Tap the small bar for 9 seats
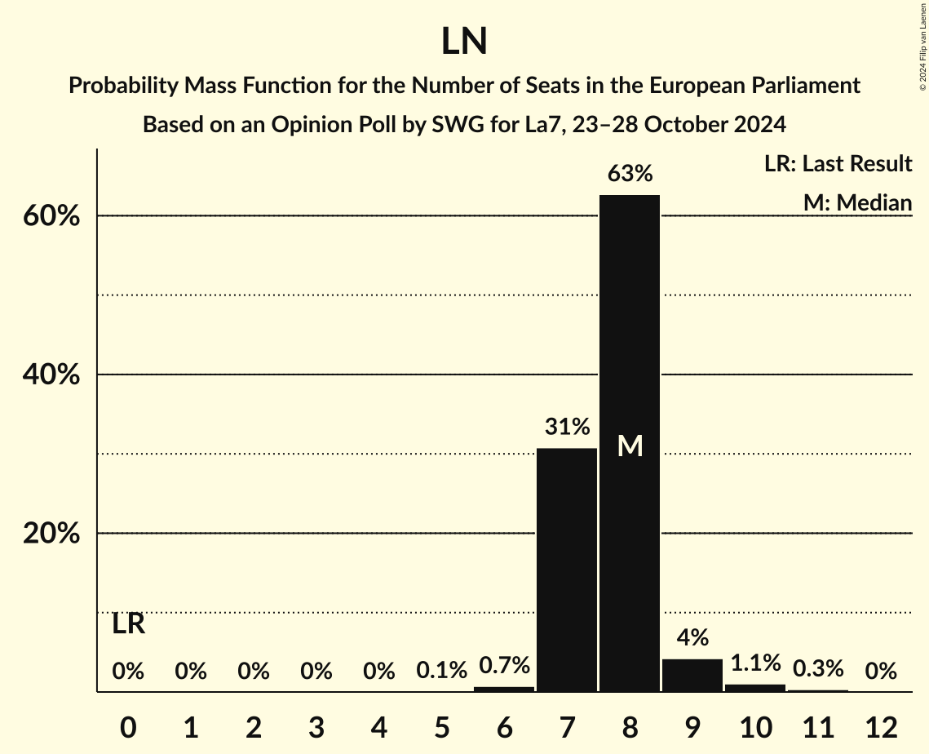(692, 675)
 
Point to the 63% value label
(630, 174)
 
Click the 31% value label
(567, 427)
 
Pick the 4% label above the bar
(692, 637)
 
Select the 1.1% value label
(755, 663)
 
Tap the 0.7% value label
(504, 666)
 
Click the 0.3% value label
(818, 669)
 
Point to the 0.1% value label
(441, 671)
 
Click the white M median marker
(630, 446)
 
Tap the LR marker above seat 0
(128, 624)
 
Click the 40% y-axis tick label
(51, 375)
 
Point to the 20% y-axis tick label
(51, 534)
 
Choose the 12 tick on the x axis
(881, 726)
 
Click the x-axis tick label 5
(441, 726)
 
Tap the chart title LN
(464, 42)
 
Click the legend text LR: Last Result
(838, 164)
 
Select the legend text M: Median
(857, 202)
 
